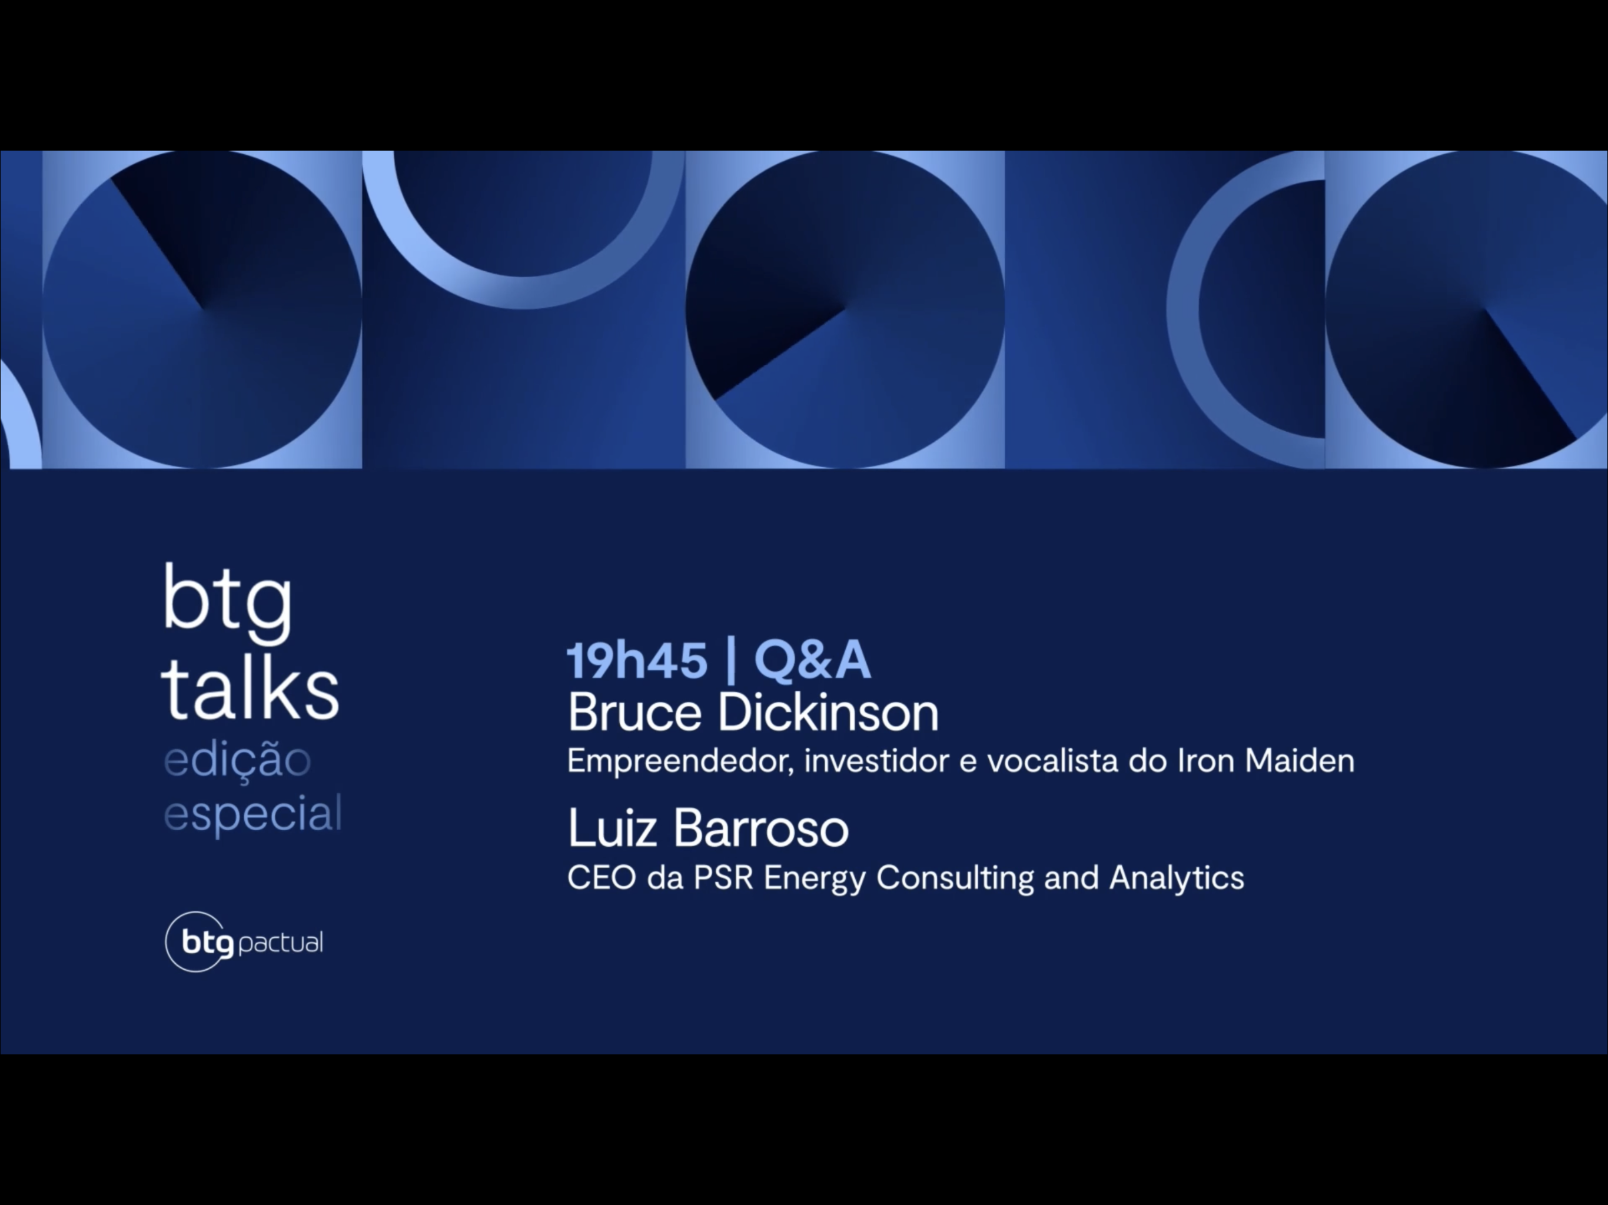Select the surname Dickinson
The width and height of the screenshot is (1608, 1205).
[829, 713]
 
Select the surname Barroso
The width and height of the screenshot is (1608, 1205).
[761, 828]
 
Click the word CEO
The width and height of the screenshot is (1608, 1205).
[602, 878]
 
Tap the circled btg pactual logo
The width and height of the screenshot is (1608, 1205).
[244, 943]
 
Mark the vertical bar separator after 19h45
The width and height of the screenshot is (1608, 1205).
[730, 662]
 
